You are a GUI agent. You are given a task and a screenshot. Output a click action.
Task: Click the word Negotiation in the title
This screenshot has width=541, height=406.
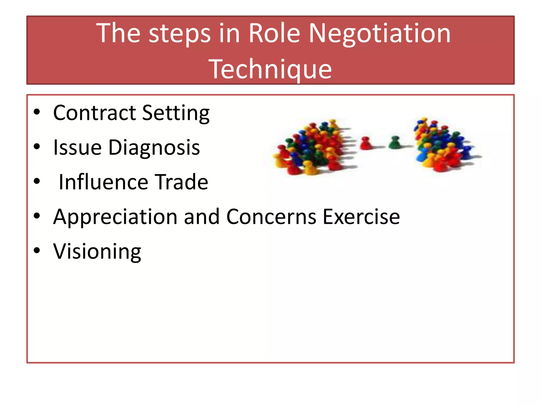380,34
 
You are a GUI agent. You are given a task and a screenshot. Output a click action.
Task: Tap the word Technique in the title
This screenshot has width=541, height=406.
270,69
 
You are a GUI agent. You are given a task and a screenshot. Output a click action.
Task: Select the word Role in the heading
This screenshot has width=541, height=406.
274,33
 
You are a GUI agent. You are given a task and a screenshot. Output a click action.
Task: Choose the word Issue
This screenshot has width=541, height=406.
77,147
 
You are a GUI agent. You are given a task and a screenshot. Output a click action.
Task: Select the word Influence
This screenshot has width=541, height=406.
103,182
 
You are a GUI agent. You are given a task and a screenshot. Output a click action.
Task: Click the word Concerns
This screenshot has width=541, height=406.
271,217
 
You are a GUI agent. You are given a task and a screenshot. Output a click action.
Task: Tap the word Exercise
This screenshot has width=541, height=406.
361,217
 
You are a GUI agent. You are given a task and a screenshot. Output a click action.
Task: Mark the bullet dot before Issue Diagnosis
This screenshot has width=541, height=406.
37,146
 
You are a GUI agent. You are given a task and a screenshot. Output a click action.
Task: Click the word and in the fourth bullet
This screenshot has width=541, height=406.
202,217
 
